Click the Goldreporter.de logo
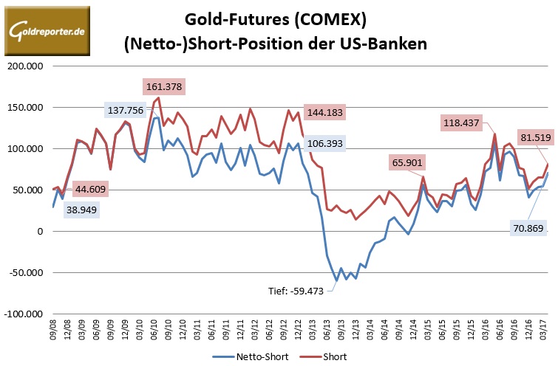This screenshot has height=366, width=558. pos(47,31)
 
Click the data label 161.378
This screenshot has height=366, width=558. pos(163,87)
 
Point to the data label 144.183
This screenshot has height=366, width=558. pos(330,114)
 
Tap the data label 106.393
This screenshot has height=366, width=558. pos(330,143)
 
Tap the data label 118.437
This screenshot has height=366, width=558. pos(464,122)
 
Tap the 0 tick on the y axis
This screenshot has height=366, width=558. pos(41,231)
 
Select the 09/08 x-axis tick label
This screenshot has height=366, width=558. pos(53,329)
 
